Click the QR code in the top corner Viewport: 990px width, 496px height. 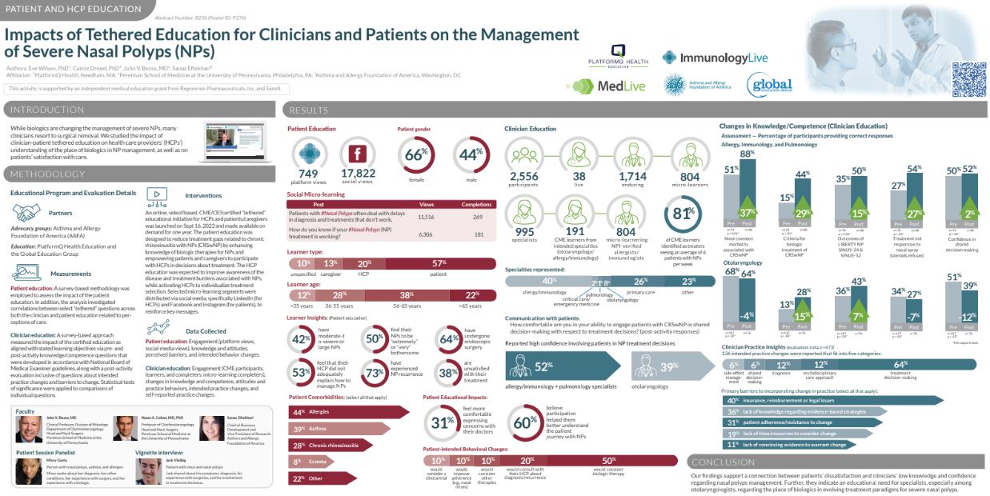[967, 79]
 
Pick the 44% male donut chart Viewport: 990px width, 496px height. [471, 156]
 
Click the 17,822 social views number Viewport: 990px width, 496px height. [358, 173]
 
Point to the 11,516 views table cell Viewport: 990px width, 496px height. [426, 217]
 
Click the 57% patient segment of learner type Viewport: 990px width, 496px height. [439, 264]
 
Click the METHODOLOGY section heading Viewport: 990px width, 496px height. [48, 174]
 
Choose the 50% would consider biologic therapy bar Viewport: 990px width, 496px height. [608, 460]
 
